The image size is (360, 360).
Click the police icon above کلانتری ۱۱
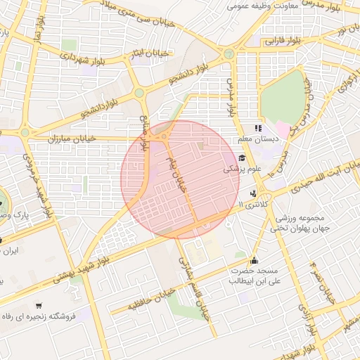tap(253, 193)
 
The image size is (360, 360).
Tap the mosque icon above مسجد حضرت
tap(254, 259)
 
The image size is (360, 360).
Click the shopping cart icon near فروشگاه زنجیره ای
tap(38, 306)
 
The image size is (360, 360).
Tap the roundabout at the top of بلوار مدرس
tap(229, 53)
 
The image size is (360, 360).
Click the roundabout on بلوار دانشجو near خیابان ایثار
tap(139, 92)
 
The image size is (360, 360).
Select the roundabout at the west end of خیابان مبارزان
tap(25, 131)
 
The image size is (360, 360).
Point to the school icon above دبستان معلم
tap(259, 129)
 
